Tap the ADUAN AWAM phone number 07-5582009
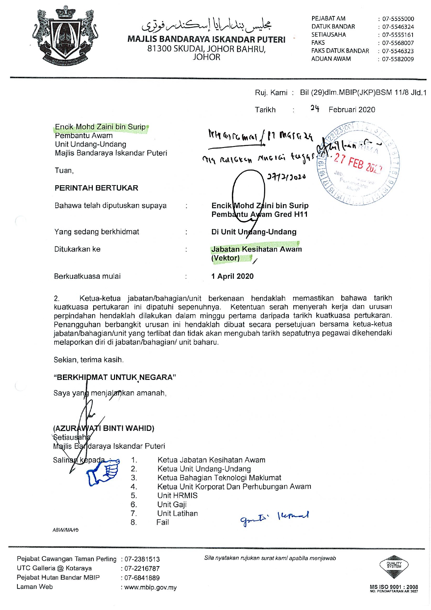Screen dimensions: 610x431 click(398, 59)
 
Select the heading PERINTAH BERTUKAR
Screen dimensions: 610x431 click(96, 188)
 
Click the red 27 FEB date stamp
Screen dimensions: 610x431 click(358, 163)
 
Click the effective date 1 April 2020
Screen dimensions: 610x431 click(233, 276)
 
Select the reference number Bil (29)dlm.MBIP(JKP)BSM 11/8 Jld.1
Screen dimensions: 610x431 click(363, 93)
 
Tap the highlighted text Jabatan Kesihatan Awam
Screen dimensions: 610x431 click(257, 249)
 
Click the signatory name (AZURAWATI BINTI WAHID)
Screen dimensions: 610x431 click(104, 428)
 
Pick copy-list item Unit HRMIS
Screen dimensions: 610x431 click(177, 496)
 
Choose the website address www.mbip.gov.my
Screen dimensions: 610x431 click(151, 587)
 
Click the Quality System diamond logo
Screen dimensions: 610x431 click(394, 566)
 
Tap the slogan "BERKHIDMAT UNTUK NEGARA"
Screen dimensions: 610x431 click(115, 377)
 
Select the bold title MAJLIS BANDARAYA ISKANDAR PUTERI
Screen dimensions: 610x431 click(206, 39)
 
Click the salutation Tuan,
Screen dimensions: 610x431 click(64, 171)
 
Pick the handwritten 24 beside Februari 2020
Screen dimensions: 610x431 click(315, 108)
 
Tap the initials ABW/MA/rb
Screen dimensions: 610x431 click(65, 530)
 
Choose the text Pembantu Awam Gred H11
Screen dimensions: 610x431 click(260, 214)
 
